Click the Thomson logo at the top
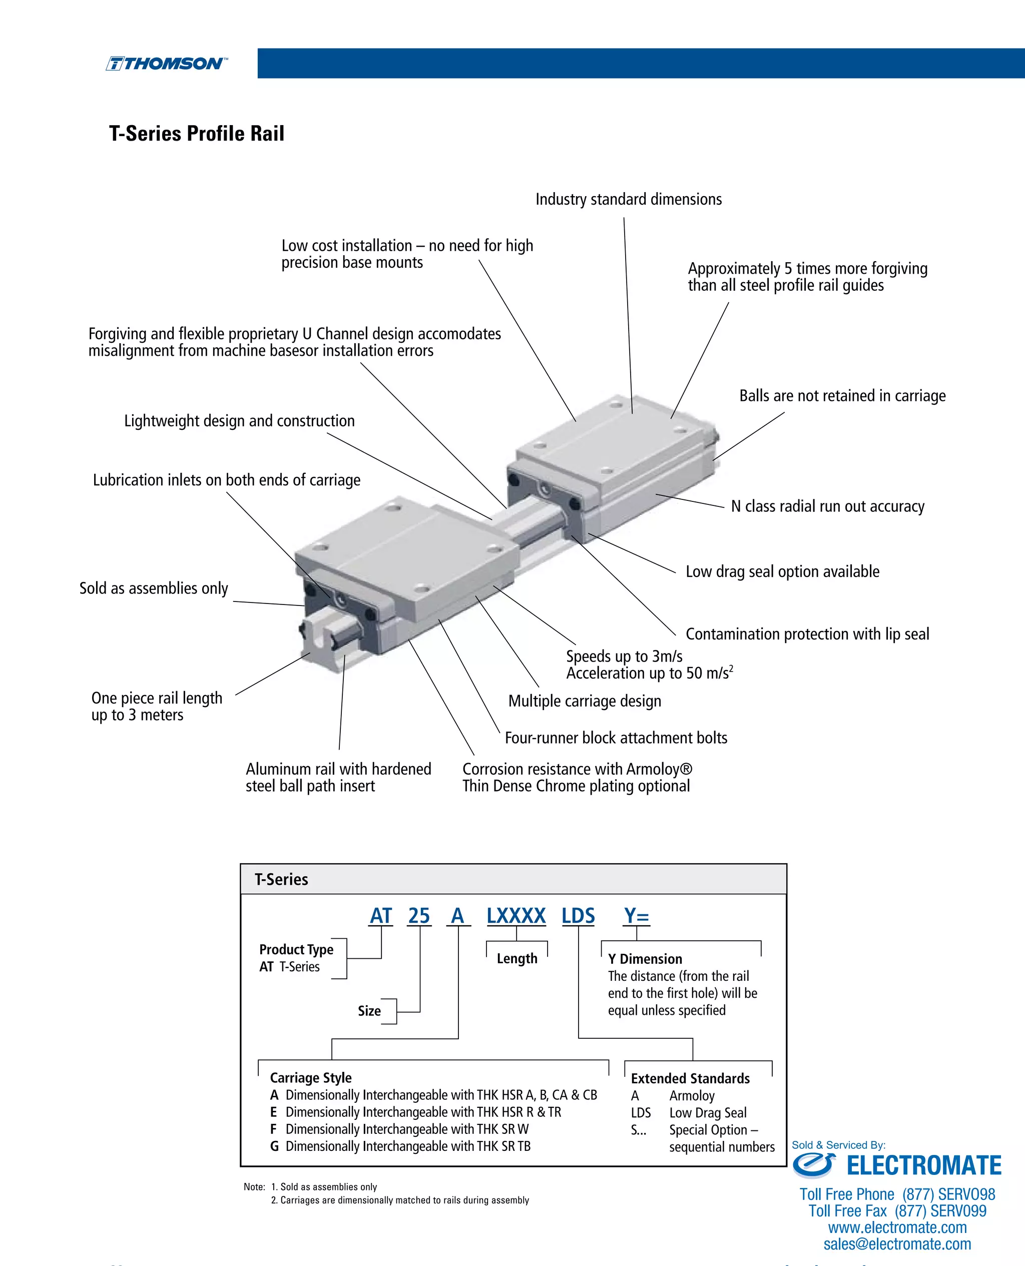[x=166, y=64]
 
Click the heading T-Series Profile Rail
[x=197, y=134]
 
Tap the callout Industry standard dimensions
[x=628, y=200]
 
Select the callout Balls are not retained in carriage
[x=842, y=396]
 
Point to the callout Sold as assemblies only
[x=154, y=588]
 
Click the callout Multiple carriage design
[x=585, y=701]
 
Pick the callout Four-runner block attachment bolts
[x=616, y=738]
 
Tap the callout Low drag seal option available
[x=782, y=571]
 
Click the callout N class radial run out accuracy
[x=827, y=506]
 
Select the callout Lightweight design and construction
[x=239, y=421]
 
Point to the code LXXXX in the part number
[x=516, y=916]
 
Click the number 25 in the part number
[x=418, y=916]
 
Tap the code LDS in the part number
[x=578, y=916]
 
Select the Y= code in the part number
[x=637, y=916]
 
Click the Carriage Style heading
[x=311, y=1078]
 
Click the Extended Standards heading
[x=690, y=1078]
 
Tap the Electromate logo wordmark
[x=923, y=1165]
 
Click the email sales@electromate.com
[x=897, y=1244]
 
